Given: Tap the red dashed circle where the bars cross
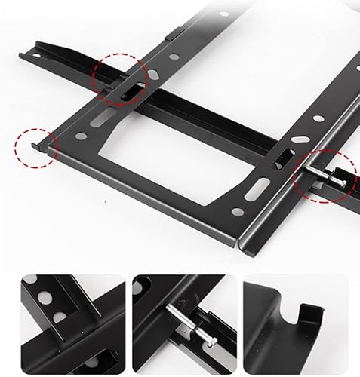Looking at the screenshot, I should click(119, 81).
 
